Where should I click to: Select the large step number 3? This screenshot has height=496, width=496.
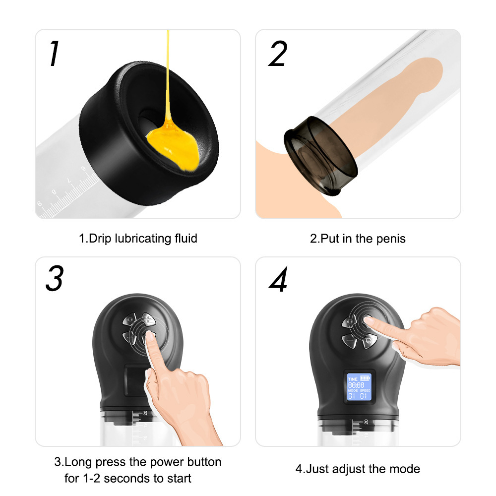point(54,279)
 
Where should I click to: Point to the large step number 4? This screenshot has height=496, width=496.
point(278,281)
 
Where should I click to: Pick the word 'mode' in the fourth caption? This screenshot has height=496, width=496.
point(405,469)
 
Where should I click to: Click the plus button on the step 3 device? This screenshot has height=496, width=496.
point(148,319)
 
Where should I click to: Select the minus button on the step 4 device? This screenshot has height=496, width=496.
point(350,342)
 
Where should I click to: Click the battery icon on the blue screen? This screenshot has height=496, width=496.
point(365,378)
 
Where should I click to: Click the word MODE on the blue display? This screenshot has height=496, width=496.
point(353,391)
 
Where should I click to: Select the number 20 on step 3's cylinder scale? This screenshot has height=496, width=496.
point(145,413)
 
